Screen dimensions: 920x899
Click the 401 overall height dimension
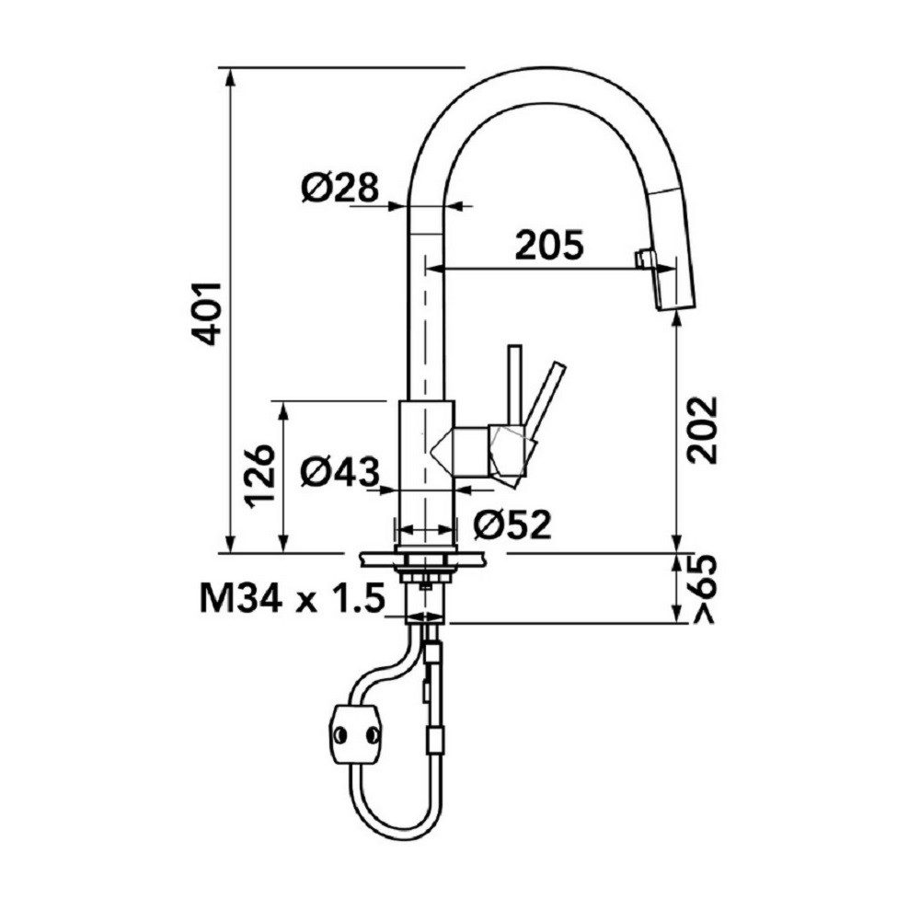point(208,313)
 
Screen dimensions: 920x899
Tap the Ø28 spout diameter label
point(339,188)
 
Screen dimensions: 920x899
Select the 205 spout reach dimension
point(550,246)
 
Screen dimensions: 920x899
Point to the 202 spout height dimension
point(703,430)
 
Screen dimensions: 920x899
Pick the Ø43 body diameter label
point(339,471)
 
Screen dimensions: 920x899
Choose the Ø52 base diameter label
point(512,523)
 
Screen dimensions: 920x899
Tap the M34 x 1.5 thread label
point(293,598)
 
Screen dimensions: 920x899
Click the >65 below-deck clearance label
point(704,589)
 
